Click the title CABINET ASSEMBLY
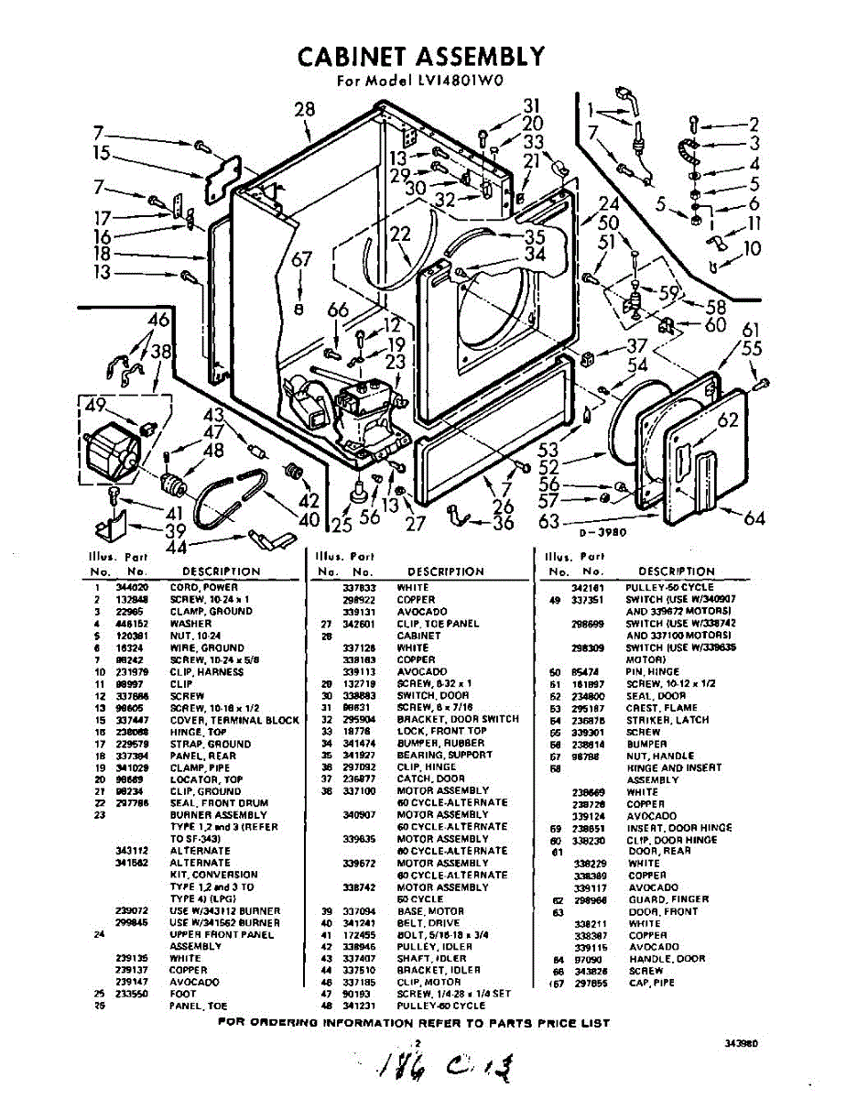tap(421, 57)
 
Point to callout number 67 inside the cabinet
tap(301, 260)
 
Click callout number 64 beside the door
tap(754, 518)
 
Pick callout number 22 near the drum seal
tap(400, 234)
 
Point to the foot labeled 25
tap(351, 495)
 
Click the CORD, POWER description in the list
tap(203, 587)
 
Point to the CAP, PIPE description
tap(654, 983)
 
